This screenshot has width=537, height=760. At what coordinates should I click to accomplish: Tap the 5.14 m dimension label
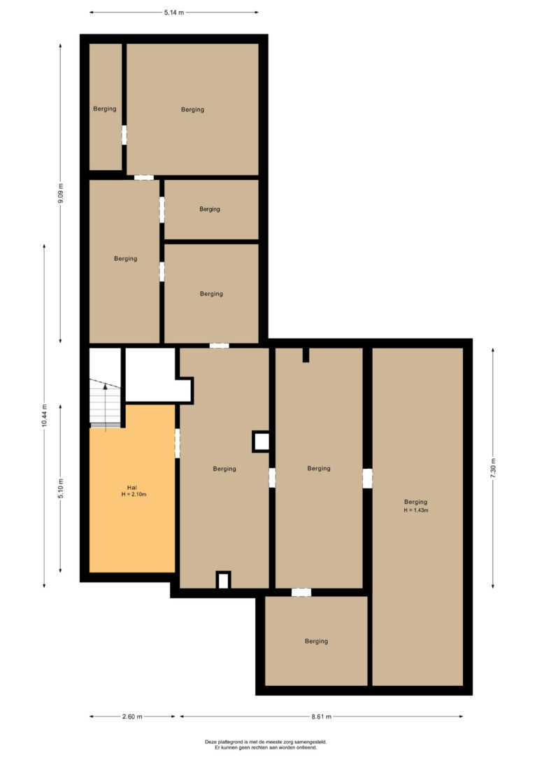coord(174,13)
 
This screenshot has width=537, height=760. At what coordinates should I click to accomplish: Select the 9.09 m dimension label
coord(61,193)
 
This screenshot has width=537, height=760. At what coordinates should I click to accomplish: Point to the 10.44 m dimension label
coord(45,416)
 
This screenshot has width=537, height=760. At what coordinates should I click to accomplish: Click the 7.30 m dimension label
coord(493,467)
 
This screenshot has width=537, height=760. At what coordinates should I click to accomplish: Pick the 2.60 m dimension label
coord(132,717)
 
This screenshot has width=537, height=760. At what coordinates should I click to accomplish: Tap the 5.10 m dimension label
coord(61,488)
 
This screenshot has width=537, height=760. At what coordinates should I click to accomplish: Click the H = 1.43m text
coord(416,510)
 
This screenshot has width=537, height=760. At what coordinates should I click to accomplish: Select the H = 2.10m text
coord(134,494)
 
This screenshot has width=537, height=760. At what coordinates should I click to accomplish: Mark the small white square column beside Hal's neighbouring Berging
coord(262,442)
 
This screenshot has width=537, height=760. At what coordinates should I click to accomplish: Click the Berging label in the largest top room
coord(193,110)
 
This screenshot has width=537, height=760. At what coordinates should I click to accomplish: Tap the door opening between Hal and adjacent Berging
coord(177,443)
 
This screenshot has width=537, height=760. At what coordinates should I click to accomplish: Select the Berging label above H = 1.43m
coord(416,502)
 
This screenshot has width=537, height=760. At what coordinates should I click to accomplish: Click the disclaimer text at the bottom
coord(266,745)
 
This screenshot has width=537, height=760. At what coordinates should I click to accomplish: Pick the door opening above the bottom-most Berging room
coord(301,592)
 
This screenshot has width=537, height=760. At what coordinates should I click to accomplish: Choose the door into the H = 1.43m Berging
coord(368,479)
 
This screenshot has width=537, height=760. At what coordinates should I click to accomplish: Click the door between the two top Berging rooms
coord(124,135)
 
